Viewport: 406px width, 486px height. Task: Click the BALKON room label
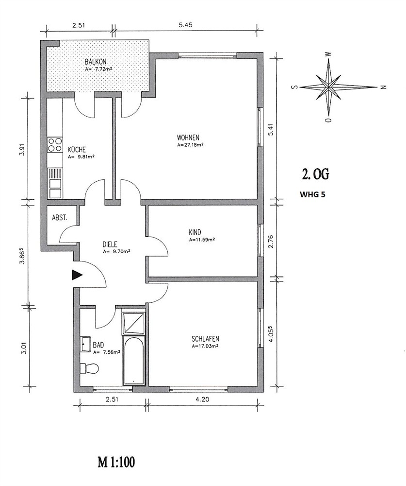click(96, 62)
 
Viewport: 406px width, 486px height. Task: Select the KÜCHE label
click(77, 150)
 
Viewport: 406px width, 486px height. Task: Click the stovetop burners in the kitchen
click(55, 145)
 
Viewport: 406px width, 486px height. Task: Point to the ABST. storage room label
click(60, 218)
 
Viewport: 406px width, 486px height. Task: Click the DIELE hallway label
click(110, 244)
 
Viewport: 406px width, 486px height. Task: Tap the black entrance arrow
click(77, 275)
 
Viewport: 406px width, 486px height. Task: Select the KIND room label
click(195, 232)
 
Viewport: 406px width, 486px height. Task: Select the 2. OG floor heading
click(315, 175)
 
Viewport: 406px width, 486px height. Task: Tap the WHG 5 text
click(312, 195)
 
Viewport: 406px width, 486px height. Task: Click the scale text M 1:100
click(116, 463)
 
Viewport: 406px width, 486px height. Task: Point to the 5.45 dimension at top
click(185, 25)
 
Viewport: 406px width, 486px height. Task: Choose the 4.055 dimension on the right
click(271, 333)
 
